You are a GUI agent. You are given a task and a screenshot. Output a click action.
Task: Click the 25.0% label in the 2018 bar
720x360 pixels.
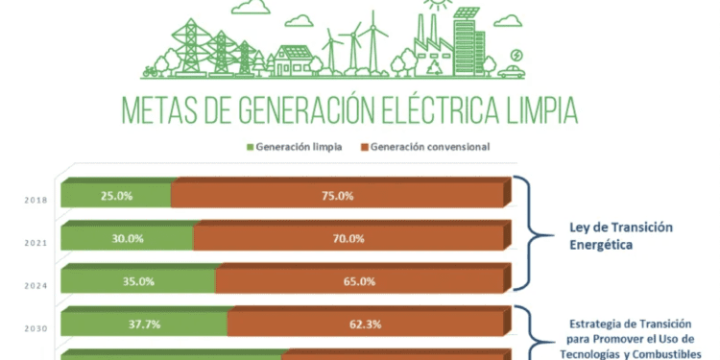(115, 196)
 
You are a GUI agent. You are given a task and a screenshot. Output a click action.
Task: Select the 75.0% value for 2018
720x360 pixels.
(337, 196)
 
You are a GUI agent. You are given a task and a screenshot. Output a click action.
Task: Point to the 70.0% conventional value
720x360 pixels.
(349, 239)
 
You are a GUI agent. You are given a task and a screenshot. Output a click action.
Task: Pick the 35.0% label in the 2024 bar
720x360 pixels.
(137, 282)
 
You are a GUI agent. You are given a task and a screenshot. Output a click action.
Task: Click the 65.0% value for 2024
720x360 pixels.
(359, 282)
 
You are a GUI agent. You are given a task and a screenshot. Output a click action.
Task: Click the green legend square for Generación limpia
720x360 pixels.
(252, 148)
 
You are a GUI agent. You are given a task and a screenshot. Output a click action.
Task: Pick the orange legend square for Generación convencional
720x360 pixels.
(364, 148)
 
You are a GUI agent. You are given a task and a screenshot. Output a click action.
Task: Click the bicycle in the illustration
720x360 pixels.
(149, 70)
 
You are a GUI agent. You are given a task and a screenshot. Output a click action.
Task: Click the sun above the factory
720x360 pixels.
(439, 5)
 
